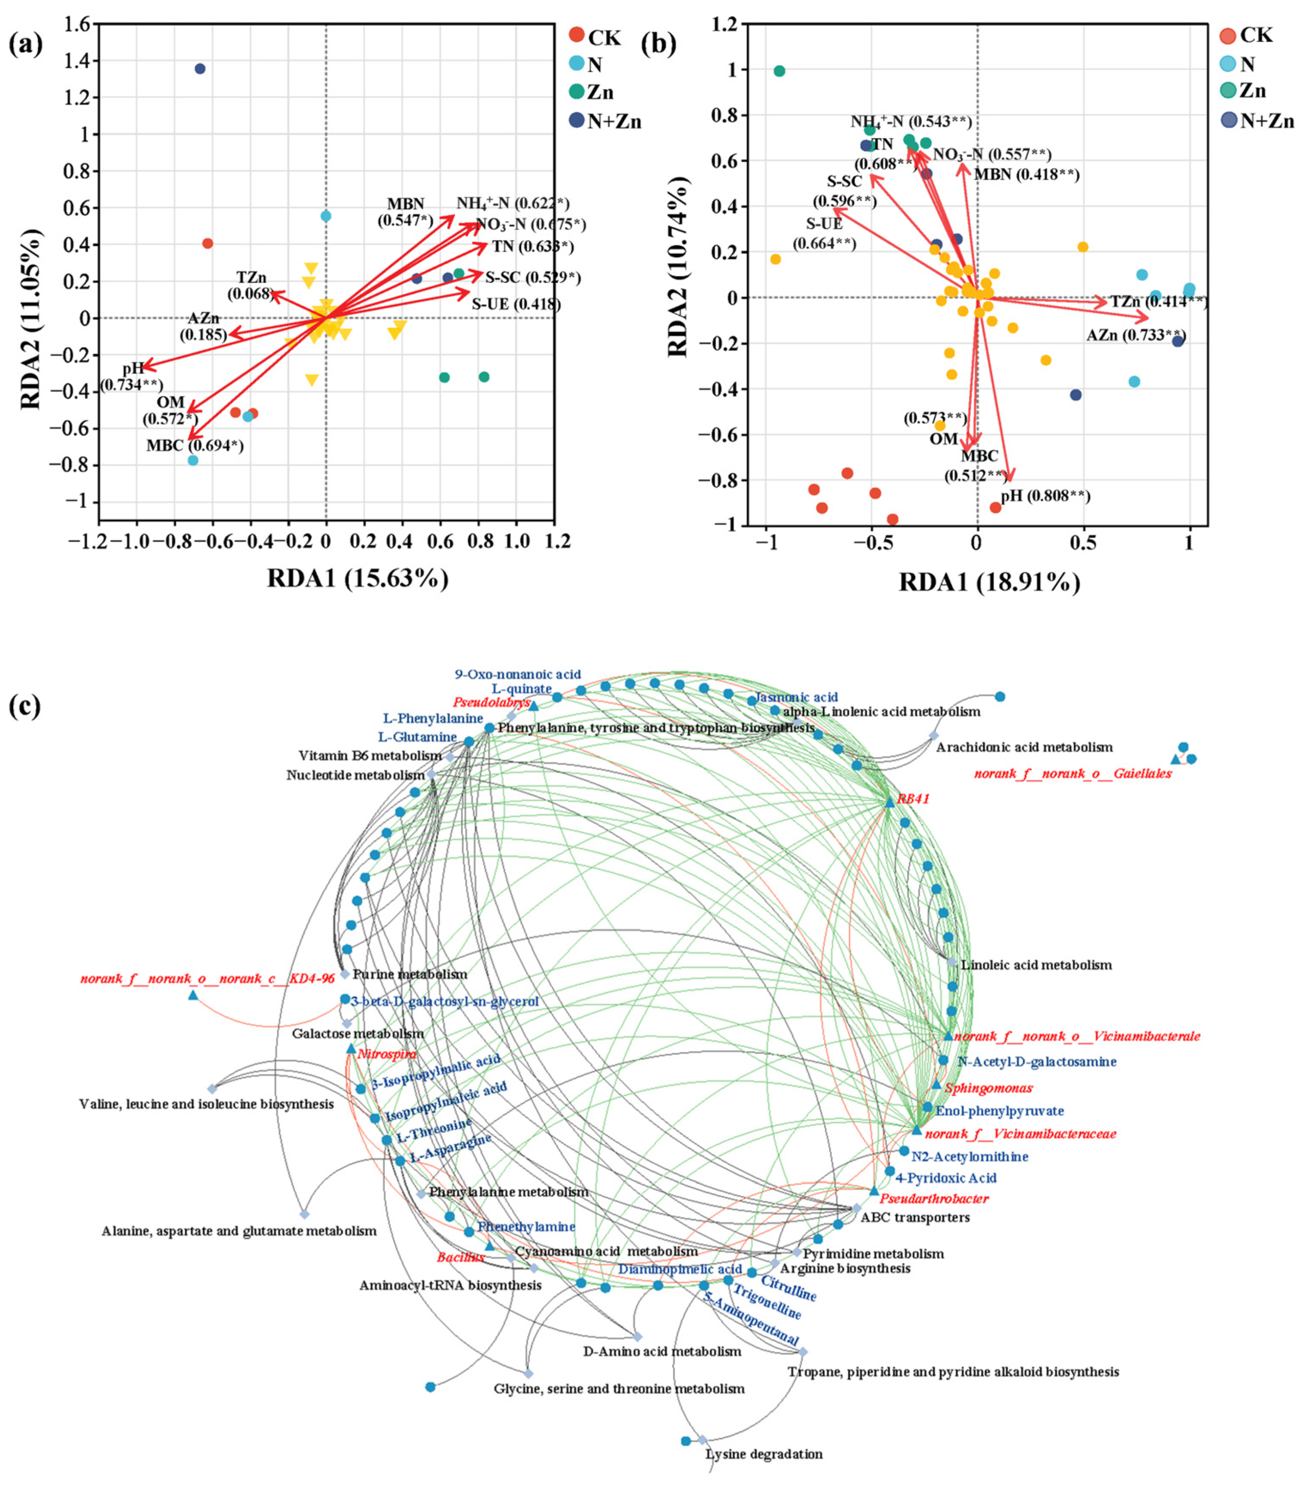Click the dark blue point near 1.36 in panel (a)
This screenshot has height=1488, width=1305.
199,69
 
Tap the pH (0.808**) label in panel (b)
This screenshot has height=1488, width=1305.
1045,496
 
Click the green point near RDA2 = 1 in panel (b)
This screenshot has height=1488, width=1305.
779,71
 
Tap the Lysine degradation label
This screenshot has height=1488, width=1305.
764,1454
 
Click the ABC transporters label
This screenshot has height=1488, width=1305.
915,1217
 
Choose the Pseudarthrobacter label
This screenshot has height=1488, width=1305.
934,1198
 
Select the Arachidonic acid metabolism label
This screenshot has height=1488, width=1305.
1024,747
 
